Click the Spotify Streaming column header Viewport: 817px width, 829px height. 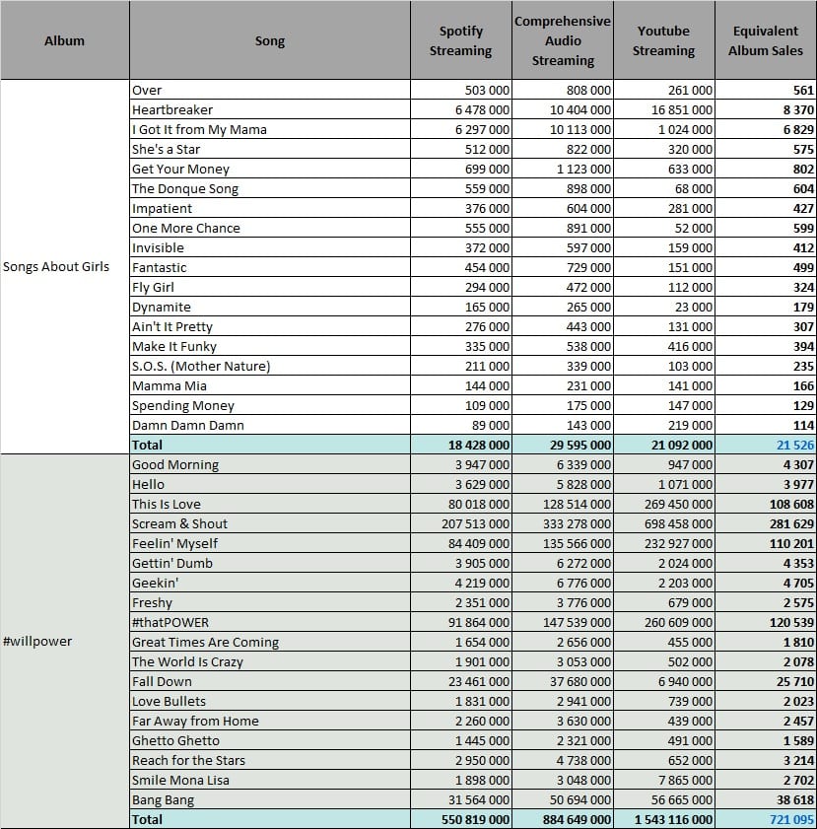point(460,40)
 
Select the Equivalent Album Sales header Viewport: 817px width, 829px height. point(765,40)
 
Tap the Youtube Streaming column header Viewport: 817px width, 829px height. point(663,40)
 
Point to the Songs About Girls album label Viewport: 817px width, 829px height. point(56,266)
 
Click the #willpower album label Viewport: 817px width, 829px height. point(37,642)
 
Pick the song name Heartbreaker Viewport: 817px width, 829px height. point(172,110)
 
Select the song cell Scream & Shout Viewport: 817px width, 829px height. point(179,524)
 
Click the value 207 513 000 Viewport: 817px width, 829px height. point(476,524)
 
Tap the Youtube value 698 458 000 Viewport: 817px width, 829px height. point(678,524)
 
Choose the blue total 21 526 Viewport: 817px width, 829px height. point(795,446)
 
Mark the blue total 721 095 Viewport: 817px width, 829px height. point(791,820)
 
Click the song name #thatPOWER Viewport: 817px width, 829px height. point(170,622)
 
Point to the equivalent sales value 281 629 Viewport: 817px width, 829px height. point(791,524)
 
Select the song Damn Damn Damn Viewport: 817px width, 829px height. point(188,426)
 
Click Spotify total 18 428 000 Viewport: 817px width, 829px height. point(479,446)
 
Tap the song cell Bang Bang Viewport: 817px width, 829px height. point(164,800)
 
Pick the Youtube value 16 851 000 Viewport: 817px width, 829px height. point(682,110)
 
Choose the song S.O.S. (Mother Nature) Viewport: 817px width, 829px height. point(201,367)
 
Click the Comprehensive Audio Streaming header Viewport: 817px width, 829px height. point(563,40)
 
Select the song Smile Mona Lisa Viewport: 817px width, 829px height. point(180,781)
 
